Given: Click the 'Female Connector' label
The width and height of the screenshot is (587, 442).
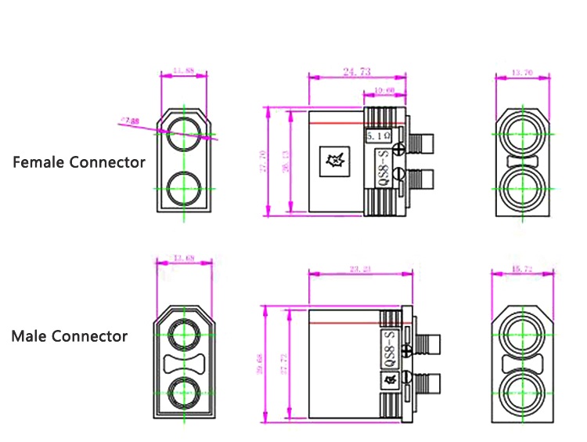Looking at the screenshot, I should [x=79, y=162].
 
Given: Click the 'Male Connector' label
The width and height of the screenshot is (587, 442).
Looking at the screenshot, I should [x=69, y=336].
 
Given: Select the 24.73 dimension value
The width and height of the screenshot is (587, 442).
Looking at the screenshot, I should [x=357, y=71].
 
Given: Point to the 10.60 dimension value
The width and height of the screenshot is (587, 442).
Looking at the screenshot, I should [x=384, y=92].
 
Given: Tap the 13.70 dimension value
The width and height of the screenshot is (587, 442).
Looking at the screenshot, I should [x=522, y=72].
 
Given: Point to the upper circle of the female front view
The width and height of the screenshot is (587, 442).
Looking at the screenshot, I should [x=185, y=129].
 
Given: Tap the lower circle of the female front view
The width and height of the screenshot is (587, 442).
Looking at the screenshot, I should [x=185, y=188].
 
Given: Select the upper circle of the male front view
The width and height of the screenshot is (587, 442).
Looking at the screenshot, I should [x=185, y=333].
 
